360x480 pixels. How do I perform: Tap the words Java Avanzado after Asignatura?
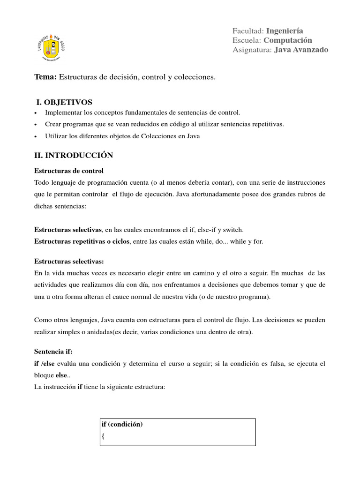pos(301,50)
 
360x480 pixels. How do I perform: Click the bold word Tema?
pos(45,77)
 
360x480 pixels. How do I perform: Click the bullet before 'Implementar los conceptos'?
pos(36,113)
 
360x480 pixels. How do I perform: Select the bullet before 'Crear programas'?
pos(36,125)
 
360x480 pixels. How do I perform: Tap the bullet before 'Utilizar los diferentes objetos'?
pos(36,136)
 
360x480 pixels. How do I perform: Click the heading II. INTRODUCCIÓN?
pos(74,155)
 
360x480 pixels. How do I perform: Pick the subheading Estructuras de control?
pos(69,171)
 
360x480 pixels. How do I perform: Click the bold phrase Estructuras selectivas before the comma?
pos(68,230)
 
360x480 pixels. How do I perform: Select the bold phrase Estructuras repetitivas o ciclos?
pos(82,241)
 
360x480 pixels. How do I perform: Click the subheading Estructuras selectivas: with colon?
pos(69,261)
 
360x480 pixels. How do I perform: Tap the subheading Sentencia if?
pos(53,351)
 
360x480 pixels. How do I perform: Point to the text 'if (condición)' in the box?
pos(122,425)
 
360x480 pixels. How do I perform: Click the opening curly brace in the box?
pos(103,436)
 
